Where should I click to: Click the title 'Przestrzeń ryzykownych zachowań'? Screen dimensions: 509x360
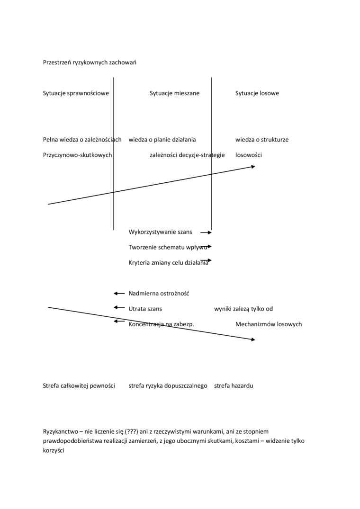pyautogui.click(x=90, y=63)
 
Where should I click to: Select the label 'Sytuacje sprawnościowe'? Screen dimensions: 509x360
pyautogui.click(x=76, y=93)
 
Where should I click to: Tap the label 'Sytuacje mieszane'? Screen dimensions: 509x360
pyautogui.click(x=174, y=93)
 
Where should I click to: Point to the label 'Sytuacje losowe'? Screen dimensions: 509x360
pyautogui.click(x=257, y=93)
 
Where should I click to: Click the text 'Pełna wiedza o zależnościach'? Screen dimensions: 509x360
pyautogui.click(x=82, y=140)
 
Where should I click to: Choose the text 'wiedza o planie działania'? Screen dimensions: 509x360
pyautogui.click(x=162, y=140)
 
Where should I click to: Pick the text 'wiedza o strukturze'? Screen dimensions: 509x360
pyautogui.click(x=262, y=140)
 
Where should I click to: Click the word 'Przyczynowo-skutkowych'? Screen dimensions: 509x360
pyautogui.click(x=77, y=155)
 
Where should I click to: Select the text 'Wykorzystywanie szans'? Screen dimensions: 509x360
pyautogui.click(x=160, y=232)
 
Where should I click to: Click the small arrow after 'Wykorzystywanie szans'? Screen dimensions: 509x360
pyautogui.click(x=206, y=232)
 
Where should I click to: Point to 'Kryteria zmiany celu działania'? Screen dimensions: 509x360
pyautogui.click(x=168, y=263)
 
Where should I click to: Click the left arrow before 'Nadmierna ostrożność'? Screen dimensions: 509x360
pyautogui.click(x=119, y=294)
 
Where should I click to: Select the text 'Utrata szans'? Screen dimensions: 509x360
pyautogui.click(x=145, y=309)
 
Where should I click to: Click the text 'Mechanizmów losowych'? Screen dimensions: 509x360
pyautogui.click(x=269, y=324)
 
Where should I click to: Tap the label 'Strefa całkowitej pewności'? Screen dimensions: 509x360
pyautogui.click(x=79, y=386)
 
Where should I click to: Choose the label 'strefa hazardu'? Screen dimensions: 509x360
pyautogui.click(x=234, y=386)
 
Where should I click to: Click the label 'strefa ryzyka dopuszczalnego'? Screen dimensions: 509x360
pyautogui.click(x=168, y=386)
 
